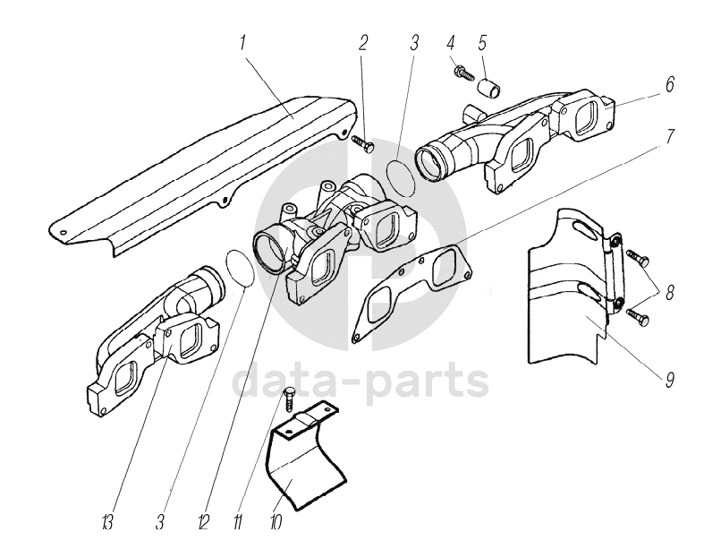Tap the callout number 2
point(363,44)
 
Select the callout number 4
point(452,43)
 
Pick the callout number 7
point(668,139)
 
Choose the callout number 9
point(668,379)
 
